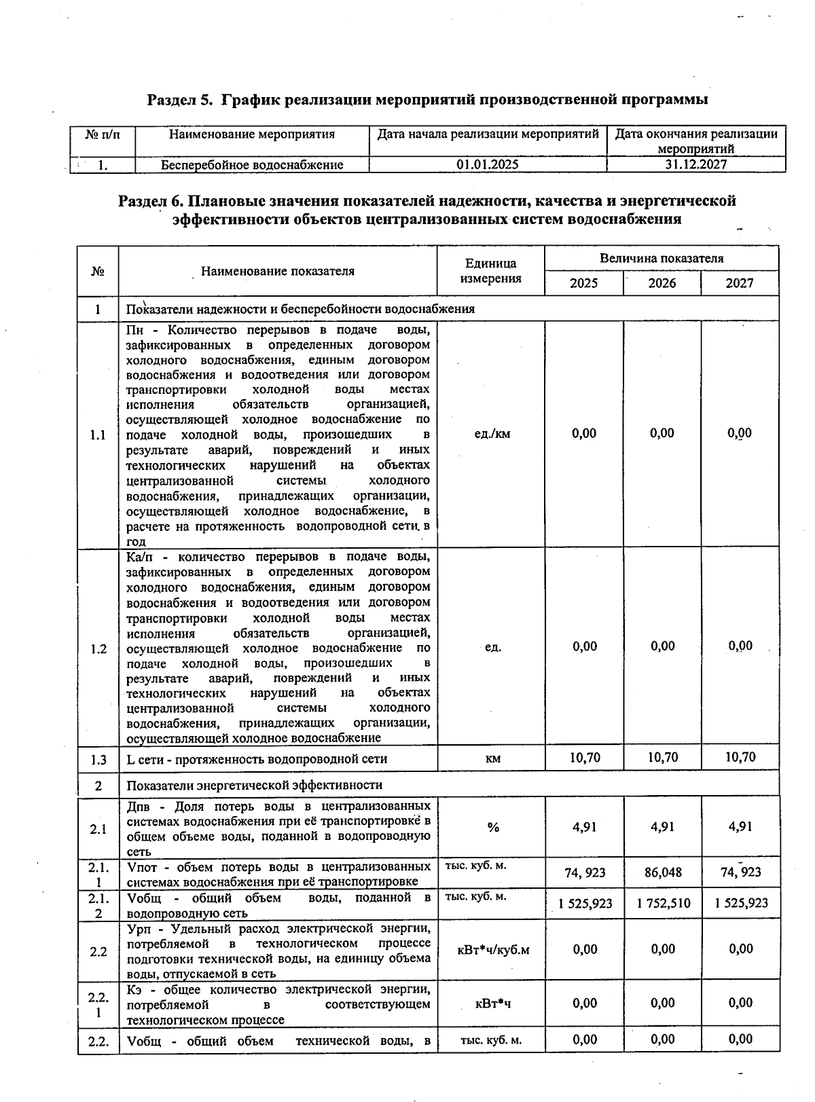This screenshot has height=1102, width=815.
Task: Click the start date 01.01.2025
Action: [488, 164]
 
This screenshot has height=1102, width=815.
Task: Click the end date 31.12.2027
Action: [696, 164]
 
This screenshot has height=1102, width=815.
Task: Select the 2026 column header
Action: [662, 283]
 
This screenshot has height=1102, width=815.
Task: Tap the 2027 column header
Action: [739, 283]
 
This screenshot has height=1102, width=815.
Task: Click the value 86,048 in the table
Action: [663, 873]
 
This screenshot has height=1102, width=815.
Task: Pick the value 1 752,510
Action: [663, 903]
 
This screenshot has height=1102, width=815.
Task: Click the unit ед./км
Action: [492, 434]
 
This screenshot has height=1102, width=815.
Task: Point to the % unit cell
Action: [492, 827]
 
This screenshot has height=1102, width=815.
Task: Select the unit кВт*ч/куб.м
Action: [493, 949]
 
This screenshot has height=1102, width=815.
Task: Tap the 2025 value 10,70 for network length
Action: [584, 757]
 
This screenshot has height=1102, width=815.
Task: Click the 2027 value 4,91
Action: [740, 827]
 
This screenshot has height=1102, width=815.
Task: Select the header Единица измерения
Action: [490, 271]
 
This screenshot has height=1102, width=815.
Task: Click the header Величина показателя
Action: [661, 258]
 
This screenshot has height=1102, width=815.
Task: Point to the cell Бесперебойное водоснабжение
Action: [252, 164]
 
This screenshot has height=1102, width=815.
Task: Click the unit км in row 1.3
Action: [493, 758]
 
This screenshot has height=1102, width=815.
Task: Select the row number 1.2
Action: [98, 649]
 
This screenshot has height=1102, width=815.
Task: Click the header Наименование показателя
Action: [277, 271]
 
